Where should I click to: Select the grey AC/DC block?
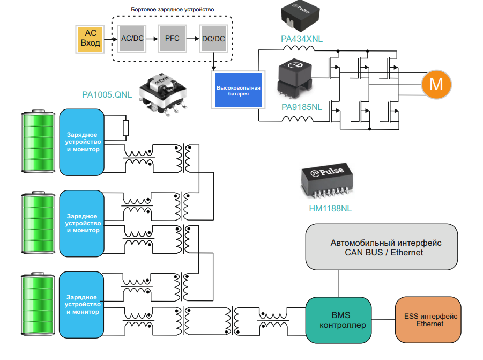point(131,39)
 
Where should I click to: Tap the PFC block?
point(172,39)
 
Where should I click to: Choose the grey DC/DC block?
point(213,39)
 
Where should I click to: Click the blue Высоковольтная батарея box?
point(238,90)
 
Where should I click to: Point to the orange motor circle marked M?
point(436,84)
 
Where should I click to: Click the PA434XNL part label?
point(302,39)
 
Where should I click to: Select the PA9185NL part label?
point(302,107)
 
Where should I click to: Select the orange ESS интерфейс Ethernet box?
point(427,320)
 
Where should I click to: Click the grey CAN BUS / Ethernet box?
point(382,247)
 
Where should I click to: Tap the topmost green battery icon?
point(38,141)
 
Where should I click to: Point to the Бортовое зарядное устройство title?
point(173,10)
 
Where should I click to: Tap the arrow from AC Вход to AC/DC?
point(109,39)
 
